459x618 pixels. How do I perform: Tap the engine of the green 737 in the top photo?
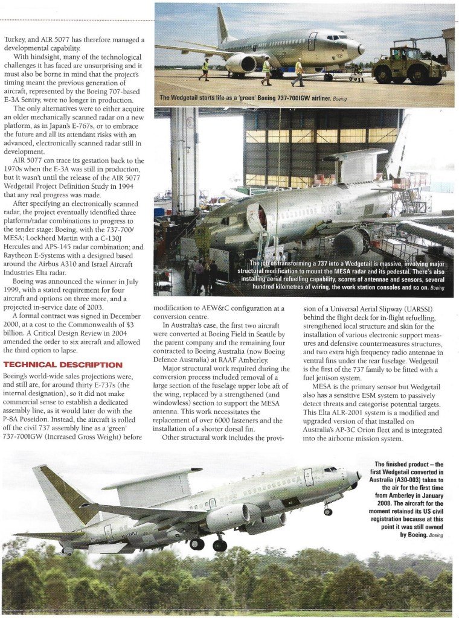click(x=242, y=63)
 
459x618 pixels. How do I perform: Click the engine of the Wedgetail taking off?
click(x=227, y=516)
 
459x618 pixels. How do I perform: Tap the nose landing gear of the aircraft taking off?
click(x=328, y=511)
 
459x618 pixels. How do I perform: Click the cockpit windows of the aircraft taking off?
click(x=332, y=470)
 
